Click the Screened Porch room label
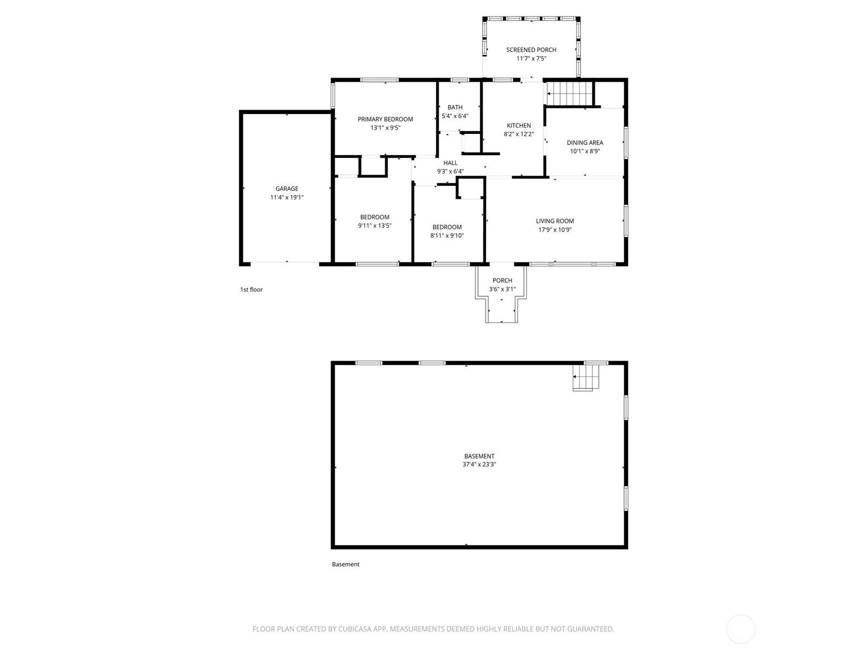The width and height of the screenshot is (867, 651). coord(531,50)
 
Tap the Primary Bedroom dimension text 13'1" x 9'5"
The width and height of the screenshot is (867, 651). coord(385,127)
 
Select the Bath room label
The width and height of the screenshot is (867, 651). coord(455,107)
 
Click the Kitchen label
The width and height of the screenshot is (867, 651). coord(519,125)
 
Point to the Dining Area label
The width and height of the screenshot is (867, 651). coord(585,143)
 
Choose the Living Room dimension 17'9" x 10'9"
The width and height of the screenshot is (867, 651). coord(554,229)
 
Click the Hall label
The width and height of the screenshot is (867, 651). coord(450,163)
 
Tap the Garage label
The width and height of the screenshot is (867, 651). coord(287,189)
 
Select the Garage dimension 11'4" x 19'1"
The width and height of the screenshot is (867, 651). coord(287,197)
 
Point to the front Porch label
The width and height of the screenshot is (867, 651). coord(502,280)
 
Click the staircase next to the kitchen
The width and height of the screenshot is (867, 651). coord(570,94)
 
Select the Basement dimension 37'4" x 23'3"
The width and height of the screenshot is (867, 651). coord(479,464)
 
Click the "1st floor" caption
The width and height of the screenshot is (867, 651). coord(251,289)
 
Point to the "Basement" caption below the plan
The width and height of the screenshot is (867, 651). coord(346,564)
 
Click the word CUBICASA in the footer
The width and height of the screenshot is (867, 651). coord(355,629)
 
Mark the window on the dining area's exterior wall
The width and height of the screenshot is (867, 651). coord(626,143)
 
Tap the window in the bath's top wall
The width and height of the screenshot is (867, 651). coord(460,80)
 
